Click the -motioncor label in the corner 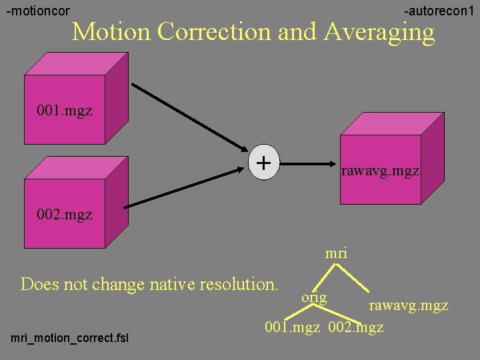(x=38, y=11)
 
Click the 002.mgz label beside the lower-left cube (x=65, y=215)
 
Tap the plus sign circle (x=264, y=162)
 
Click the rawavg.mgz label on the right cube (x=380, y=171)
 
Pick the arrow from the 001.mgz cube (x=189, y=117)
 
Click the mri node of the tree (x=336, y=253)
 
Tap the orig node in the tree (x=314, y=297)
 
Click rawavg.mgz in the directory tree (x=409, y=306)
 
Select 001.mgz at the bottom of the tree (x=293, y=327)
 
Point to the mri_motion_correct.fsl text (x=70, y=339)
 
